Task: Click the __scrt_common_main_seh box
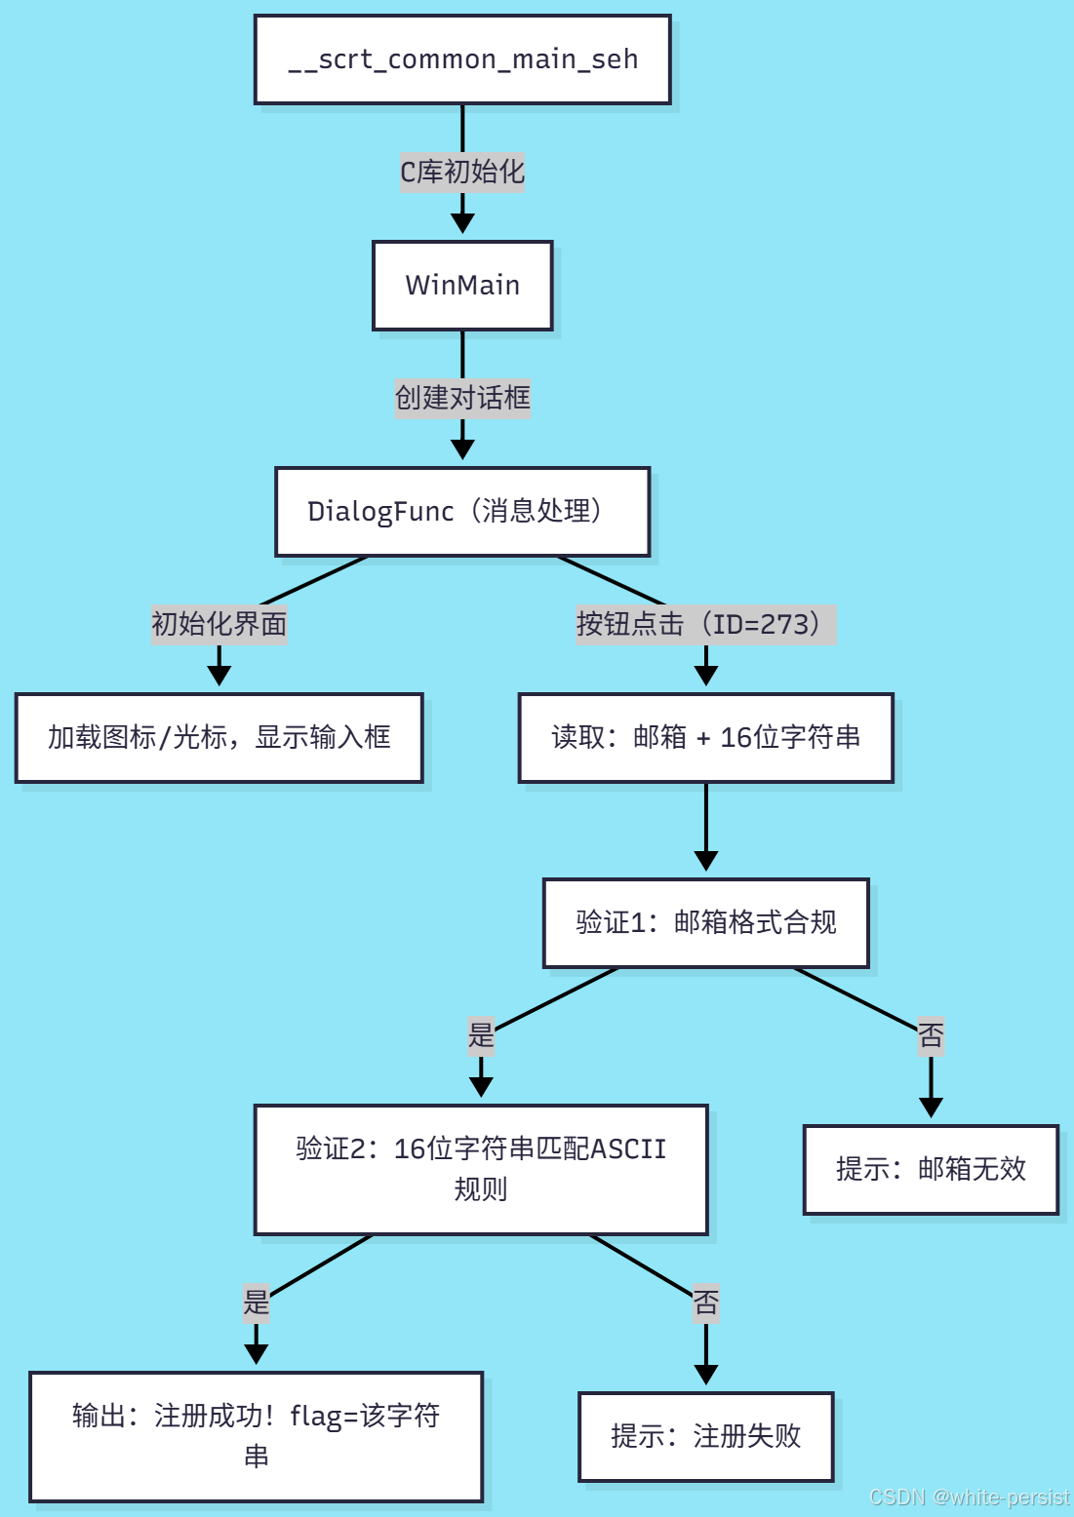click(x=462, y=59)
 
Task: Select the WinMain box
click(x=462, y=286)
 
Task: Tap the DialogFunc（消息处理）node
click(x=462, y=512)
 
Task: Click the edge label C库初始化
click(x=462, y=173)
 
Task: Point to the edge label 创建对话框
click(x=462, y=399)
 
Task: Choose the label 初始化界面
click(x=219, y=624)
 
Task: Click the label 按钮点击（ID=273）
click(x=705, y=624)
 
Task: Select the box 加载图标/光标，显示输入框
click(x=219, y=738)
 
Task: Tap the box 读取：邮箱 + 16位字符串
click(x=705, y=738)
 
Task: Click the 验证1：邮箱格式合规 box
click(x=705, y=923)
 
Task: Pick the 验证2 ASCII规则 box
click(x=481, y=1169)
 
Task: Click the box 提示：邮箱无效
click(x=931, y=1170)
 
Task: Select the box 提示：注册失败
click(x=705, y=1437)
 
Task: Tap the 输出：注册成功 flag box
click(x=256, y=1436)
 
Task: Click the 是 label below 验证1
click(x=481, y=1034)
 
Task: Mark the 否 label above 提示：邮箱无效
click(x=931, y=1035)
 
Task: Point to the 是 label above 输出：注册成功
click(x=256, y=1302)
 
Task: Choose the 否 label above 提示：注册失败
click(x=705, y=1303)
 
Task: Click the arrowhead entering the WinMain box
click(x=462, y=224)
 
